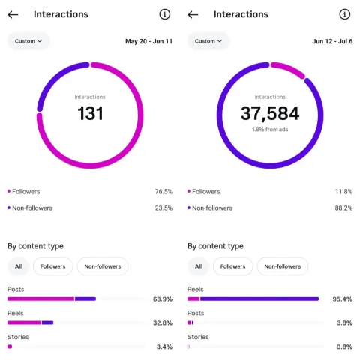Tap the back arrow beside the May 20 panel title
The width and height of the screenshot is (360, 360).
pos(13,15)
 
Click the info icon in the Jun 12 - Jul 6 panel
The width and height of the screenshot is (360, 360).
pos(345,14)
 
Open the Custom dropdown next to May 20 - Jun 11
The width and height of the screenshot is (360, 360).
pos(28,41)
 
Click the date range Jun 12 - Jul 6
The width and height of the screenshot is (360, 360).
pos(332,41)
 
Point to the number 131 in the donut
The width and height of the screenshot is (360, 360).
pos(90,113)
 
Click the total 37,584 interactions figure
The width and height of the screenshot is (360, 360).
pos(270,113)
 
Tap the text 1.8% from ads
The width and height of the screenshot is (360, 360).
pos(270,130)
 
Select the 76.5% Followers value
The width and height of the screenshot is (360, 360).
pos(163,192)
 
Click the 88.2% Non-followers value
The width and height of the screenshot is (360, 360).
pos(343,208)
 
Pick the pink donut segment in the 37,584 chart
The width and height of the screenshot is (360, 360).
pos(289,68)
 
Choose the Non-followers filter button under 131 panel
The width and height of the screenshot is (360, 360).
pos(103,266)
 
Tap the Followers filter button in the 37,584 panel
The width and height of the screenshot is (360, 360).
pos(232,266)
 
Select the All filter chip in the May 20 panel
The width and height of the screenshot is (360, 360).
pos(18,266)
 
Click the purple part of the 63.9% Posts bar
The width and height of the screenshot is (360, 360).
pos(85,298)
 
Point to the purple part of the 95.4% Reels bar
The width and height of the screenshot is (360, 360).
pos(259,298)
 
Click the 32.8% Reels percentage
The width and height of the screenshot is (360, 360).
pos(163,323)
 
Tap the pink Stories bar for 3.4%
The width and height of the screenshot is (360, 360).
pos(10,346)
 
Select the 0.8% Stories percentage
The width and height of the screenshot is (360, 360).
pos(344,346)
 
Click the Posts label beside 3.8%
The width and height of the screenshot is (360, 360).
pos(196,313)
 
